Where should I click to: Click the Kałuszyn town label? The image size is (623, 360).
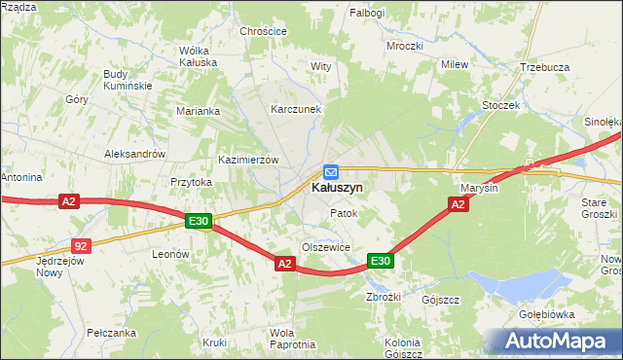tap(337, 188)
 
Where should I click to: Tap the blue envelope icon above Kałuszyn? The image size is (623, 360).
tap(331, 171)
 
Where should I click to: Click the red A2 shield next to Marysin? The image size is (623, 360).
tap(458, 204)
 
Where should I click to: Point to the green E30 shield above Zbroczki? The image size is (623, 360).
tap(380, 261)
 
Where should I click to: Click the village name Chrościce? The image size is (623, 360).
tap(263, 31)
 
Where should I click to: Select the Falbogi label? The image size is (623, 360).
tap(368, 13)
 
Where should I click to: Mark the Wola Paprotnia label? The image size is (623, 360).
tap(290, 339)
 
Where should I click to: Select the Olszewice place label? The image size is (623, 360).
tap(326, 248)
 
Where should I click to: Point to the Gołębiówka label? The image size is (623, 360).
tap(574, 315)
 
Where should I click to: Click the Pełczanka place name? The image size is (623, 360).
tap(110, 332)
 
